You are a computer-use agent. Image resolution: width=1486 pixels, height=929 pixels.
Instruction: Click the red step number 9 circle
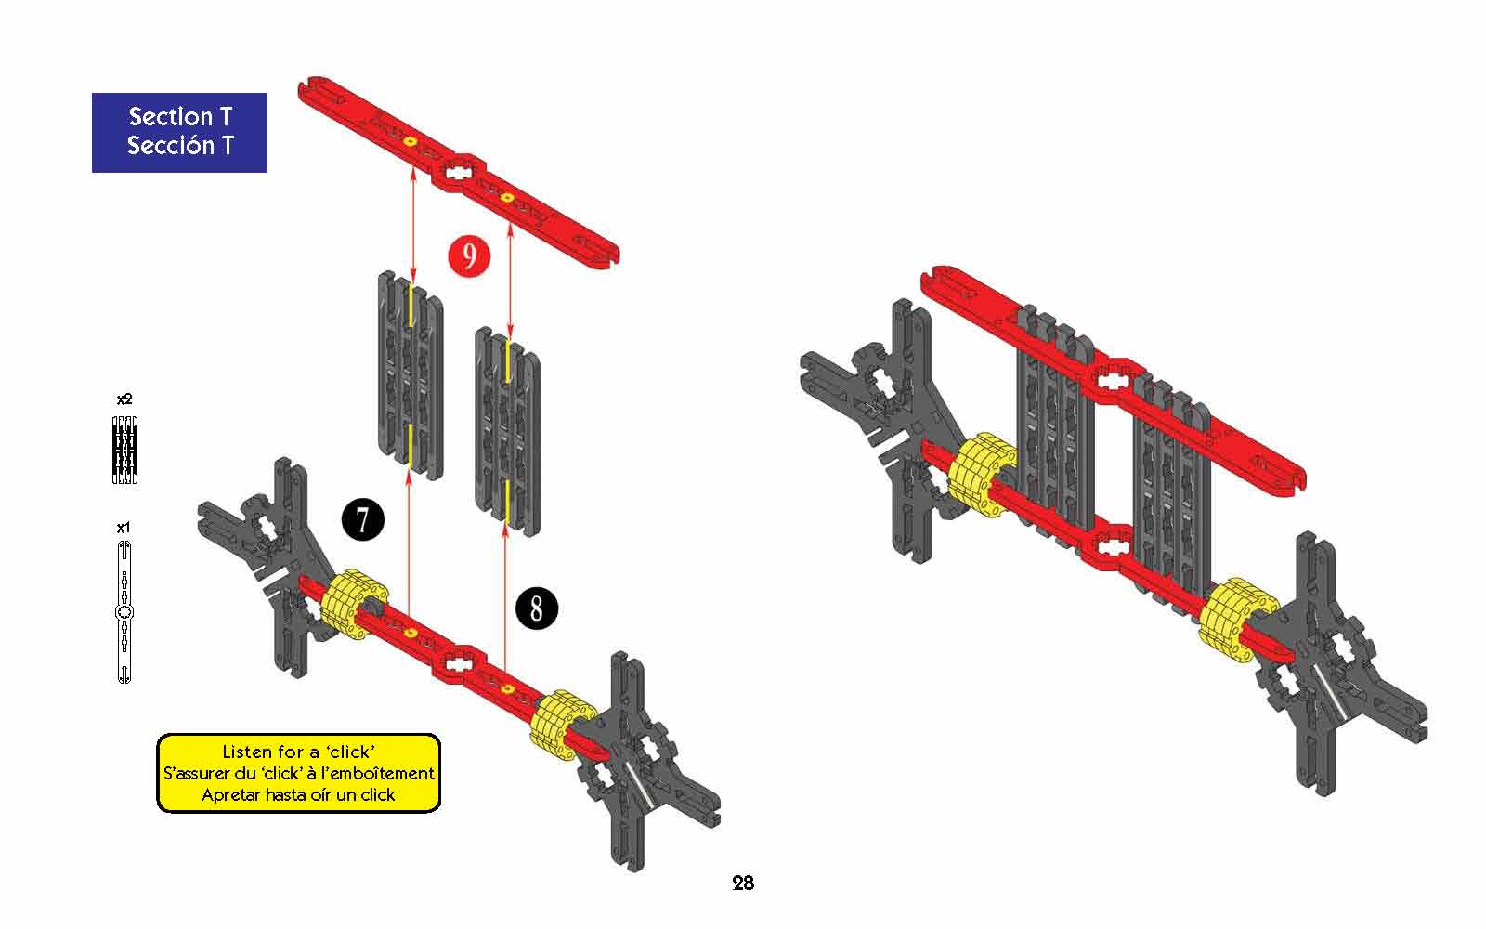point(469,256)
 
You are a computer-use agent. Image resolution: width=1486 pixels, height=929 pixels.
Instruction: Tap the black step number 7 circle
point(363,519)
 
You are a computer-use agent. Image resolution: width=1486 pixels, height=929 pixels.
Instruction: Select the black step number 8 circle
point(537,608)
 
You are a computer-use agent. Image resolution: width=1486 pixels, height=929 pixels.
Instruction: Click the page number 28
point(743,883)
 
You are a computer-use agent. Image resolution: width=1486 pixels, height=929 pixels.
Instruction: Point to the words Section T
point(180,117)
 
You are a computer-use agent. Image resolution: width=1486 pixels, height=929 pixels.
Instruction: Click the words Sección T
point(180,145)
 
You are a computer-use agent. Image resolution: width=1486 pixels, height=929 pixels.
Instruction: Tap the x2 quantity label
point(124,399)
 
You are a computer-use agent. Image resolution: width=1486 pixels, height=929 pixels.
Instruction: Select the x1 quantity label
point(124,528)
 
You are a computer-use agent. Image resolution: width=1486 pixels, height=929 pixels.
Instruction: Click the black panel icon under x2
point(124,450)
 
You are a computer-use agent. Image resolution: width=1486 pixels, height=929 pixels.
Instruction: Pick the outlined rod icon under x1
point(124,612)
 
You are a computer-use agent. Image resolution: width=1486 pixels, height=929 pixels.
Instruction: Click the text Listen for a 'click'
point(298,752)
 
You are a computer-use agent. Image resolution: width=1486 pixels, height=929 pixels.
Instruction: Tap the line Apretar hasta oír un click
point(298,794)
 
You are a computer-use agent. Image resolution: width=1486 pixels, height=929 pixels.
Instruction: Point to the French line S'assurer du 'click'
point(298,773)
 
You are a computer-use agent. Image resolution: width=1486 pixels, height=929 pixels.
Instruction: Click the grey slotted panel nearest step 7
point(411,375)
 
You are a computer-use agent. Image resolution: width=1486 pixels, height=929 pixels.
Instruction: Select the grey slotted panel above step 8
point(507,431)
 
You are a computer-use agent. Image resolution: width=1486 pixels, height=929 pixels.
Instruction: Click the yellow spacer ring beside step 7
point(354,604)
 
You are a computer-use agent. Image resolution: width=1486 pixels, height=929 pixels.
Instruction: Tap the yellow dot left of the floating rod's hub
point(410,141)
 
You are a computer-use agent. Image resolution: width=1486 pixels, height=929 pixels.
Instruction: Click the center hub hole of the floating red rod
point(457,173)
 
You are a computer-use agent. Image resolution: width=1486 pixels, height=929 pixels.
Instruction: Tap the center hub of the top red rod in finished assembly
point(1114,380)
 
